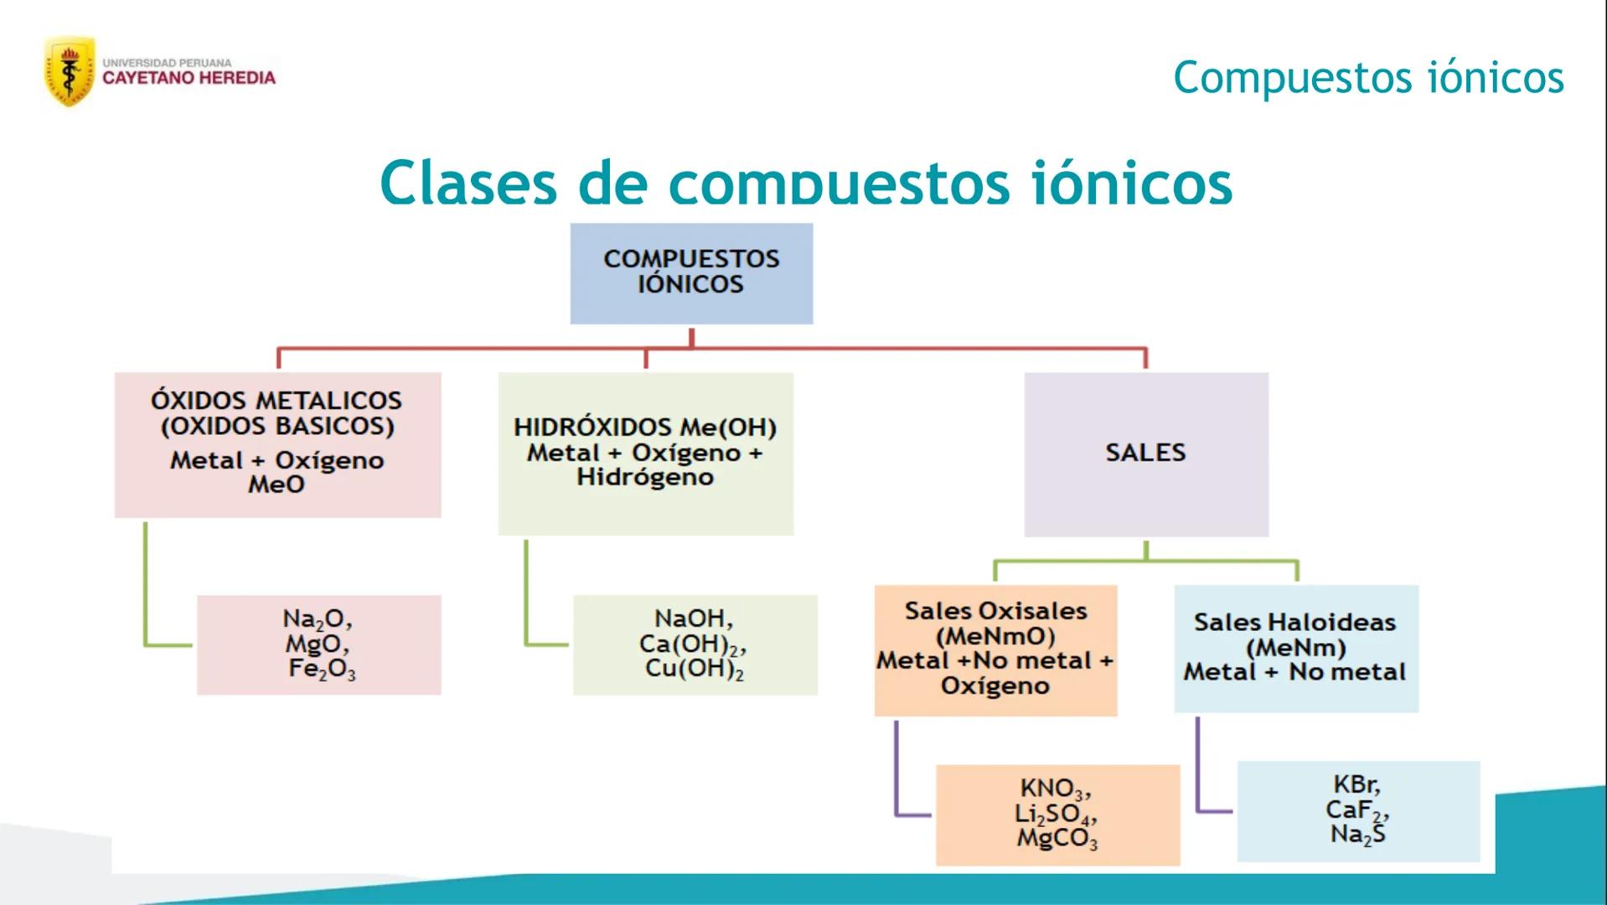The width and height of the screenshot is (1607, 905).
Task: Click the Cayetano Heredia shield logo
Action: [69, 72]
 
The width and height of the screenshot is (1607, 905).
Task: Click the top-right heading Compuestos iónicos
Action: [1367, 78]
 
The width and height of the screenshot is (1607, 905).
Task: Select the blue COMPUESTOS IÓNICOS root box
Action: [691, 272]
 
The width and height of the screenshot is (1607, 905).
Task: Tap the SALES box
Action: [1145, 453]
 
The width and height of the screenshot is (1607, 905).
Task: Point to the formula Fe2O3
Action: [322, 670]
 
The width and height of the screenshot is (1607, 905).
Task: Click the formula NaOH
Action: [693, 619]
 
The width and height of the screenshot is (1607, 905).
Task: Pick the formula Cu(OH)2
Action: [694, 670]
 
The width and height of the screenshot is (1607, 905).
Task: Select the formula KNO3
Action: [1055, 789]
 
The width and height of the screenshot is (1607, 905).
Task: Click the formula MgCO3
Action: [1057, 839]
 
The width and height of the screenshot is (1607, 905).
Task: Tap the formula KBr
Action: [1356, 785]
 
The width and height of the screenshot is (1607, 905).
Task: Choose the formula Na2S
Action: [1357, 835]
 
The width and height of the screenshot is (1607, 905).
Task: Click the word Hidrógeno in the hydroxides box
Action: [645, 478]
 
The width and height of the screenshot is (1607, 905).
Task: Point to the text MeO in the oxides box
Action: [276, 484]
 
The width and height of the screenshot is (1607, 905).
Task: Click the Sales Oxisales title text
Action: [995, 611]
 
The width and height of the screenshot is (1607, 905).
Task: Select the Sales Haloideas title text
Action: [1294, 623]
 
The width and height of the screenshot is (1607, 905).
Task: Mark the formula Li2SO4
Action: [1055, 814]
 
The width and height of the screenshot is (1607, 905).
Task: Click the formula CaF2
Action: [1356, 810]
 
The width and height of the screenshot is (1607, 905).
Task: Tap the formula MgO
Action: [317, 644]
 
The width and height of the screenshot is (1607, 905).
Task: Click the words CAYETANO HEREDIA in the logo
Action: [189, 78]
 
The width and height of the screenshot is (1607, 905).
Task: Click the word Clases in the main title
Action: [468, 183]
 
